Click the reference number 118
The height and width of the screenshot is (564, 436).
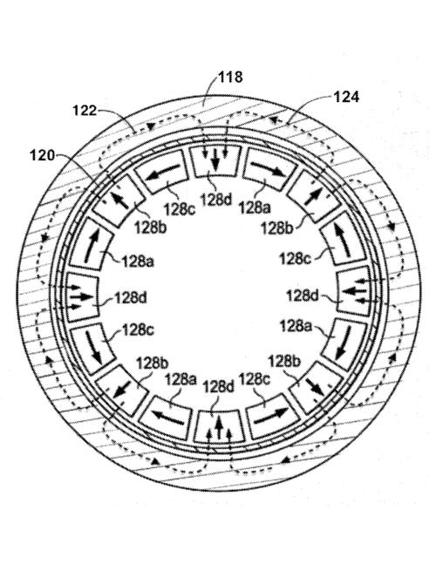[230, 78]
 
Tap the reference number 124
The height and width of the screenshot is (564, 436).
[346, 97]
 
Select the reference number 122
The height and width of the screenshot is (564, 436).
[85, 111]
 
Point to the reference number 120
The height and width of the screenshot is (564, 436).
[42, 156]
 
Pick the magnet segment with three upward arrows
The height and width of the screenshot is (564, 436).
[219, 426]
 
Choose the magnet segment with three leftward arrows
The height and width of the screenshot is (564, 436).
[352, 290]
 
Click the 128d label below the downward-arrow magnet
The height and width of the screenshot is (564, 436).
[216, 200]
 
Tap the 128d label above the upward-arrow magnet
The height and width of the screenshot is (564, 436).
[219, 387]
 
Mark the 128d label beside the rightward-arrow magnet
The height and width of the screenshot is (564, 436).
[131, 298]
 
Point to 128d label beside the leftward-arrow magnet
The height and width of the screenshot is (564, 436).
[303, 296]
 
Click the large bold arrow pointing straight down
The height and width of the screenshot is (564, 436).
[215, 160]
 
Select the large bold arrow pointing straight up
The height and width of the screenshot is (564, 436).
[219, 429]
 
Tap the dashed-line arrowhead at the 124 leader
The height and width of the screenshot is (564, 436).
[276, 119]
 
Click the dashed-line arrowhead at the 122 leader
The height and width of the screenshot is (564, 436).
[152, 126]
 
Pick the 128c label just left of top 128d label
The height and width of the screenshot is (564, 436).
[180, 209]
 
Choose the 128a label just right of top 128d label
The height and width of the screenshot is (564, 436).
[255, 207]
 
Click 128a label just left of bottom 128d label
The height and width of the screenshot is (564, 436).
[181, 379]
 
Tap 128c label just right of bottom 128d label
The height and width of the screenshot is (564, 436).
[255, 378]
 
